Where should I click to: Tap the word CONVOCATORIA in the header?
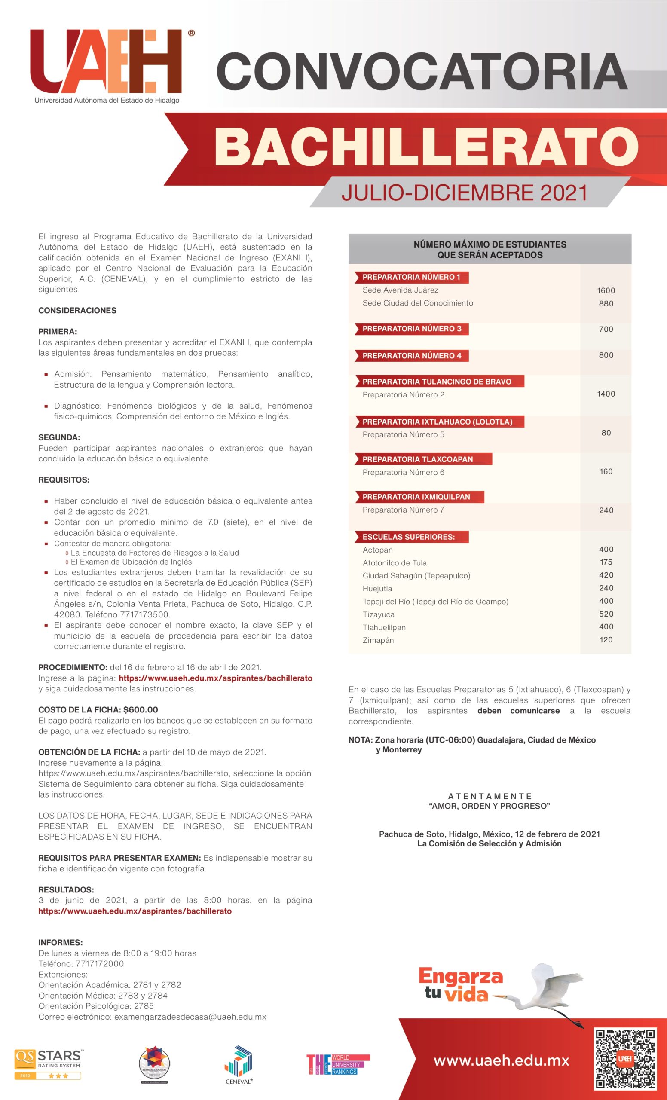pos(422,71)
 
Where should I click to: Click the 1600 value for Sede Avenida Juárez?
pos(606,290)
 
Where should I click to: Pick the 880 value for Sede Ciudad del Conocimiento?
pos(606,303)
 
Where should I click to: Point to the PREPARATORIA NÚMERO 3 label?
pos(412,329)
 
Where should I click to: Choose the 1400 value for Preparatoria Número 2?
pos(606,394)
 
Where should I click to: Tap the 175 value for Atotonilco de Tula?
pos(606,562)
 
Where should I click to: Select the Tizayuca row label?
pos(379,615)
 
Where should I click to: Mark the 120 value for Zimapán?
pos(606,640)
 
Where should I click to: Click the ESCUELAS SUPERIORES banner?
pos(409,537)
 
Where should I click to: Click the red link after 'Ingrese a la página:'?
pos(215,678)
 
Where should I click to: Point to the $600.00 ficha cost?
pos(141,710)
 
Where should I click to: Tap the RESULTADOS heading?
pos(66,890)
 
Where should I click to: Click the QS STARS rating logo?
pos(48,1064)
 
